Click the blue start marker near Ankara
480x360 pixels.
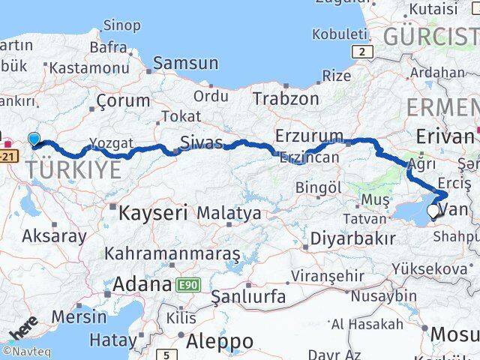pos(34,138)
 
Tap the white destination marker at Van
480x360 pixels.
pos(433,211)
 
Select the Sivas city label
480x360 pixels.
pos(202,142)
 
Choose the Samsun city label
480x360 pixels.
pos(186,63)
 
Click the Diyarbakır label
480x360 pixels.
pos(354,238)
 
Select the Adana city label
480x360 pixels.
pos(142,284)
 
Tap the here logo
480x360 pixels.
pos(25,328)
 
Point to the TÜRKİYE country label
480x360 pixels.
pos(73,169)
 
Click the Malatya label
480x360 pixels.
pos(229,213)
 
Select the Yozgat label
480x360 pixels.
pos(111,142)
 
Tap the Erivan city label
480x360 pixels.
pos(445,136)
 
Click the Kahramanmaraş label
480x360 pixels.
pos(172,253)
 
